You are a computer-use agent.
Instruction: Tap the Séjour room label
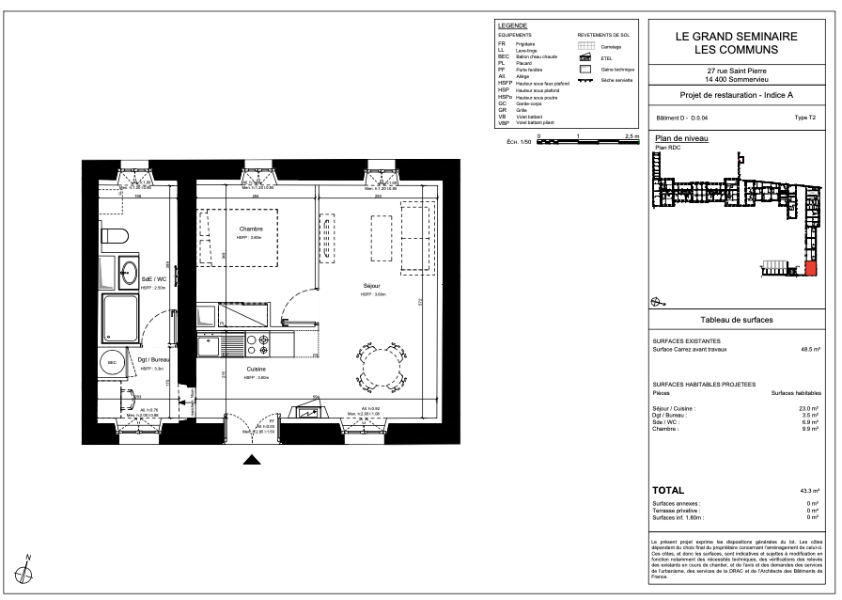[x=373, y=286]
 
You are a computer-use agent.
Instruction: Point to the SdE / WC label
[x=153, y=279]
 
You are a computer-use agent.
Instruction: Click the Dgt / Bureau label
[x=152, y=360]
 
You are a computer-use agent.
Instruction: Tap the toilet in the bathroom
[x=114, y=235]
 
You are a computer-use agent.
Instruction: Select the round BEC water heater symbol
[x=112, y=362]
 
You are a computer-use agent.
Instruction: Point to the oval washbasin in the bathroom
[x=129, y=275]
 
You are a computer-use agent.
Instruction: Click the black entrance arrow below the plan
[x=251, y=460]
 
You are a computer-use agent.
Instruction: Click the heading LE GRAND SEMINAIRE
[x=737, y=36]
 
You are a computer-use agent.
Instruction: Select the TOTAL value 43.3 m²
[x=810, y=492]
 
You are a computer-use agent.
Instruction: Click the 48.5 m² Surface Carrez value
[x=810, y=349]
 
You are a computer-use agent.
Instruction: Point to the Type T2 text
[x=805, y=118]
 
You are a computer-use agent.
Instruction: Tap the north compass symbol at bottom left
[x=27, y=567]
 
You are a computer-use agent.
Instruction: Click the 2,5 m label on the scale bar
[x=630, y=137]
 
